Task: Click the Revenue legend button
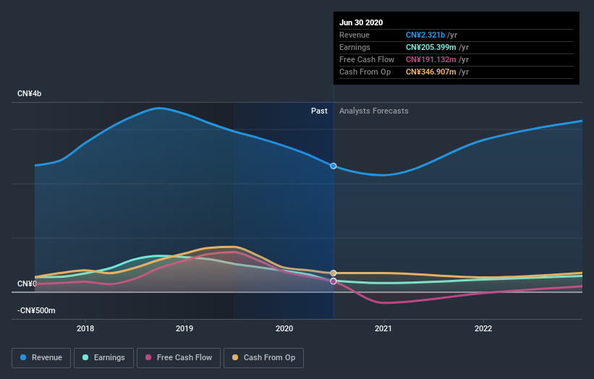tap(42, 357)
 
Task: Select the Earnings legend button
tap(103, 357)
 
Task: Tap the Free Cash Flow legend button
tap(178, 357)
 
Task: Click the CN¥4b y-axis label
tap(30, 94)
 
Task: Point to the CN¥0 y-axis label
tap(27, 284)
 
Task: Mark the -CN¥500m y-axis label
tap(36, 311)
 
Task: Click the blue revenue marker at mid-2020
tap(334, 166)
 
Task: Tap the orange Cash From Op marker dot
tap(334, 273)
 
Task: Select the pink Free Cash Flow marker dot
tap(334, 281)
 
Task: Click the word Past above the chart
tap(319, 111)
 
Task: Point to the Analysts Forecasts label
tap(373, 111)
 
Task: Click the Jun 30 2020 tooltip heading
tap(362, 22)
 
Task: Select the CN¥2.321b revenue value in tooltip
tap(427, 35)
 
